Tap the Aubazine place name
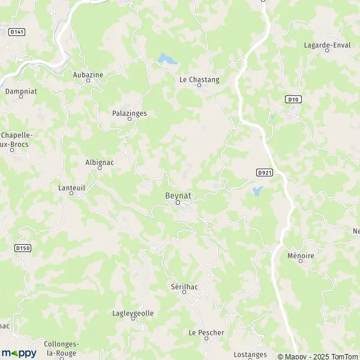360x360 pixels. (x=88, y=74)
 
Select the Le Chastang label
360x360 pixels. (x=199, y=79)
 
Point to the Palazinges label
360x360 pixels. (x=130, y=113)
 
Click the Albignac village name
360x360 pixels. (x=100, y=161)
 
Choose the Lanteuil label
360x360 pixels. (x=71, y=187)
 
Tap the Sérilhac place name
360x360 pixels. (x=184, y=287)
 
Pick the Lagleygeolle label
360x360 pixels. (x=133, y=313)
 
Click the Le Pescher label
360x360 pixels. (x=206, y=332)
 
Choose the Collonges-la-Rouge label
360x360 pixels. (x=59, y=348)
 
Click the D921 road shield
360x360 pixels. (x=264, y=172)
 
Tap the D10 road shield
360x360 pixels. (x=293, y=99)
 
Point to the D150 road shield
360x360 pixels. (x=23, y=247)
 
